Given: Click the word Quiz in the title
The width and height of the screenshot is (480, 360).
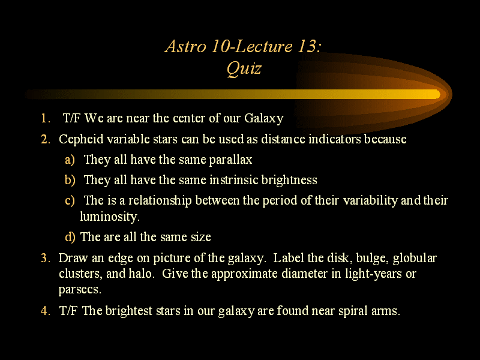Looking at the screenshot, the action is pos(244,68).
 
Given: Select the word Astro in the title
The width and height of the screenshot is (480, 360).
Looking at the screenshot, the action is pos(185,46).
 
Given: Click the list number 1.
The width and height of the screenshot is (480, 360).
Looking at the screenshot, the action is pos(46,118).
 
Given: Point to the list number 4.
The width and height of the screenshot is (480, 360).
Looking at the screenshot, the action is pos(46,311).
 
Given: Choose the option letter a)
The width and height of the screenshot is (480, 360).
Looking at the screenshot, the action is pos(70,160).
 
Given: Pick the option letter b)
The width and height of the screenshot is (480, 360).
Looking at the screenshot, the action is pos(70,179).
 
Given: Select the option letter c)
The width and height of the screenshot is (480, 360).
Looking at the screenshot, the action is pos(70,200).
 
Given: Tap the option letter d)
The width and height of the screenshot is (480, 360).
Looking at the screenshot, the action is pos(70,237).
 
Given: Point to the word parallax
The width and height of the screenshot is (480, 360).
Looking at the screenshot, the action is pos(230,160).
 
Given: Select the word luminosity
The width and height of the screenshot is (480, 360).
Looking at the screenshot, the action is pos(110,217).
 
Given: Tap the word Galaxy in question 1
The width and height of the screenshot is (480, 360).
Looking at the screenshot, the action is pos(264,118).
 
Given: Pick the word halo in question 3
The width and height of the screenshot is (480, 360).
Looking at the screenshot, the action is pos(140,273).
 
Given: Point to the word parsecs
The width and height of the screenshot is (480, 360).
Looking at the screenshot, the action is pos(80,290).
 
